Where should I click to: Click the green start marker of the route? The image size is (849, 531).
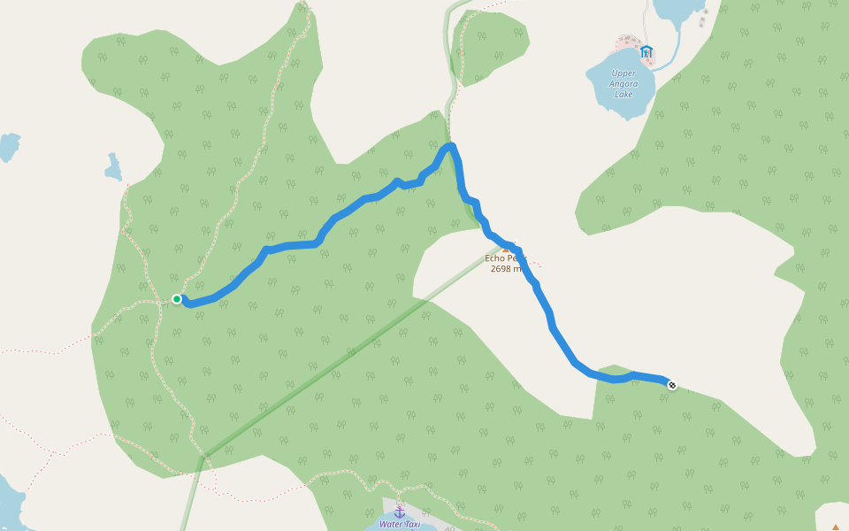pos(177,299)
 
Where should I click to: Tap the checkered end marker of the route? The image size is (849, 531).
pos(672,385)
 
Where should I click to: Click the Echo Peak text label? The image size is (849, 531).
pos(505,258)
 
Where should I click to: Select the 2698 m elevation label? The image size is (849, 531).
pos(507,268)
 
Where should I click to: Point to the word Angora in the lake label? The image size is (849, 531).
pos(623,84)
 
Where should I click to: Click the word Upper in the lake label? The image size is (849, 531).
pos(623,73)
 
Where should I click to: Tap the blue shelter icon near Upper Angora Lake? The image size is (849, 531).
pos(646,52)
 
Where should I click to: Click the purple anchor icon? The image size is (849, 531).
pos(399,512)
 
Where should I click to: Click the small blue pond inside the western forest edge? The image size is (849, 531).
pos(113,167)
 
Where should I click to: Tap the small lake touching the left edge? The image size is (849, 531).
pos(7,145)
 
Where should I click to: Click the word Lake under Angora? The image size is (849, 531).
pos(624,94)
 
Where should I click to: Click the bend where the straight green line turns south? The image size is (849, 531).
pos(203,457)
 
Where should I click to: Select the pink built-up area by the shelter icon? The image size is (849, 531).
pos(629,43)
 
